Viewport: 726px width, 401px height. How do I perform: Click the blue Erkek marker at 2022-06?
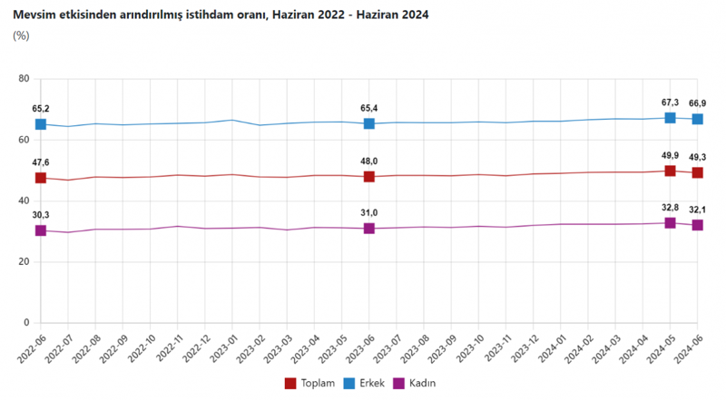41,124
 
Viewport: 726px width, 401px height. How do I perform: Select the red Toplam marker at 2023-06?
369,177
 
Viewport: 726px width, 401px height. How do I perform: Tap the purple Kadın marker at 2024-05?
670,222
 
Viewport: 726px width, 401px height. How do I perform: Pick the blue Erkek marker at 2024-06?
697,120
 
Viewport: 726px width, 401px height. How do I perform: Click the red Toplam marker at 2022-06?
41,178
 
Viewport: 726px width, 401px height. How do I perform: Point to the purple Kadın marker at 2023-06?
369,229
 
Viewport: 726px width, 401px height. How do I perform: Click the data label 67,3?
670,103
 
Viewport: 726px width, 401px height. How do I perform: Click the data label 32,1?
698,210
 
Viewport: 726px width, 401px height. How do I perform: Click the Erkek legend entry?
369,383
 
